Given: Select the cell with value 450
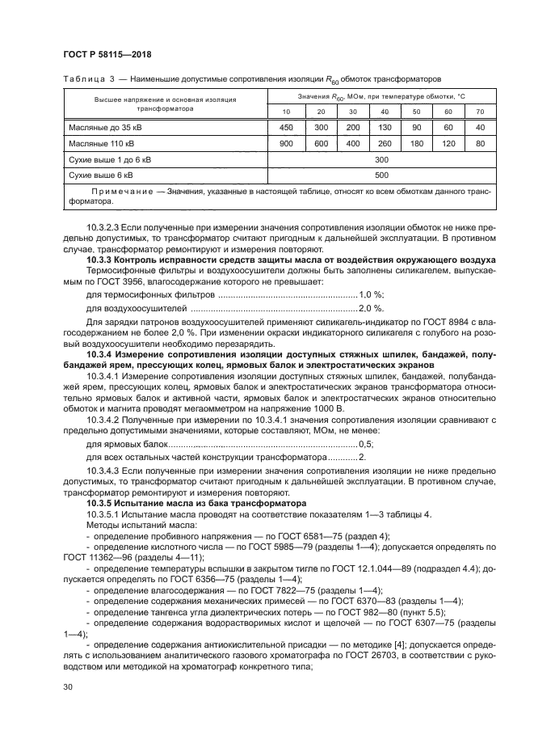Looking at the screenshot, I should [x=286, y=127].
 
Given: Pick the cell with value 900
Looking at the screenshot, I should [x=286, y=143].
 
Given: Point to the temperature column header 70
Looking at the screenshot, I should [x=480, y=111].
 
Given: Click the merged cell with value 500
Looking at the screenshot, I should [x=382, y=174].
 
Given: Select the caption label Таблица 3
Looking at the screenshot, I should [x=87, y=78].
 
